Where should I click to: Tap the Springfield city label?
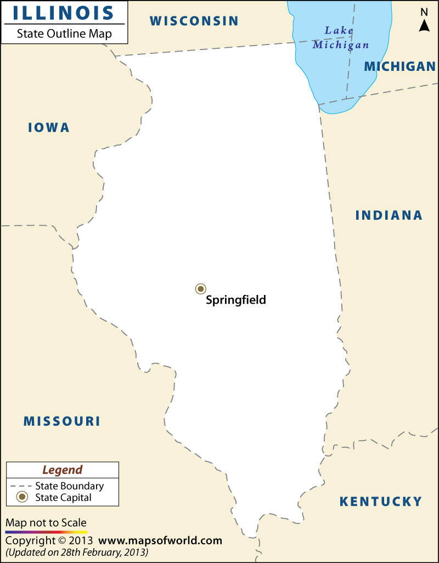tap(235, 300)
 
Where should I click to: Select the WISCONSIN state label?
tap(194, 21)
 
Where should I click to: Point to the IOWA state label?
tap(49, 127)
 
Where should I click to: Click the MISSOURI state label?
tap(61, 421)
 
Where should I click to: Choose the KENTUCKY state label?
tap(380, 501)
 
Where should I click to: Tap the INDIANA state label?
tap(389, 215)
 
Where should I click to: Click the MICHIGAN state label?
tap(399, 66)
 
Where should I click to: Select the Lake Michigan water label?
tap(340, 38)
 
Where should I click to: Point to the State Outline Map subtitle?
tap(64, 34)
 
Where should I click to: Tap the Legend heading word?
tap(63, 470)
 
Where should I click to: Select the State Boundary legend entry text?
tap(69, 486)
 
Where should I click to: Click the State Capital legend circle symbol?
tap(22, 498)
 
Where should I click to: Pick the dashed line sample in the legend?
tap(21, 486)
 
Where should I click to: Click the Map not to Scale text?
tap(46, 523)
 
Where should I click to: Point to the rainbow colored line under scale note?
tap(46, 532)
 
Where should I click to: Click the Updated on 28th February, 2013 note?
tap(77, 551)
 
